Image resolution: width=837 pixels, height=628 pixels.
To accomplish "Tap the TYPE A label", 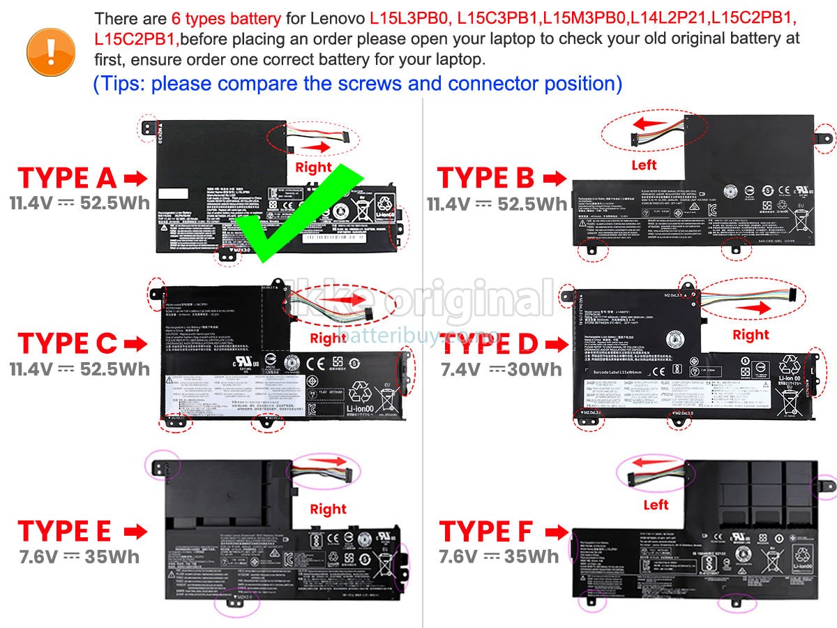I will point(67,179).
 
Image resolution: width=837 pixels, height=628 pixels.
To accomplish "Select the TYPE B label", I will point(485,179).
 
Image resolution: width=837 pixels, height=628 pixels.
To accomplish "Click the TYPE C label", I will point(67,343).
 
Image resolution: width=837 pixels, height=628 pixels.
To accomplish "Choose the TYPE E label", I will point(64,531).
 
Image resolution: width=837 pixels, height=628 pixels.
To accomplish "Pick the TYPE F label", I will point(485,532).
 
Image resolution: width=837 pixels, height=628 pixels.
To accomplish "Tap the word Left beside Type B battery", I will point(644,165).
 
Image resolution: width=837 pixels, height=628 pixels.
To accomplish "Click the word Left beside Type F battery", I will point(656,504).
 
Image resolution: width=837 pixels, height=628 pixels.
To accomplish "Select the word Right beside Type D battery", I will point(751,335).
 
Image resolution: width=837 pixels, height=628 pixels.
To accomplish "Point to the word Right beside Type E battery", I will point(328,509).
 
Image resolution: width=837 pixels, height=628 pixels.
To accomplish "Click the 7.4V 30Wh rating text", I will point(501,369).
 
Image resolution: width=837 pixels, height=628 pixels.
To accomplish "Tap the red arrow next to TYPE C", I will point(135,343).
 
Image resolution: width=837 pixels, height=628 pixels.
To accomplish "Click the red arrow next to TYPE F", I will point(555,532).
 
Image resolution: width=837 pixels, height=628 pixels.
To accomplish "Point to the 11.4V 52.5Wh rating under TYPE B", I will point(497,204).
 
